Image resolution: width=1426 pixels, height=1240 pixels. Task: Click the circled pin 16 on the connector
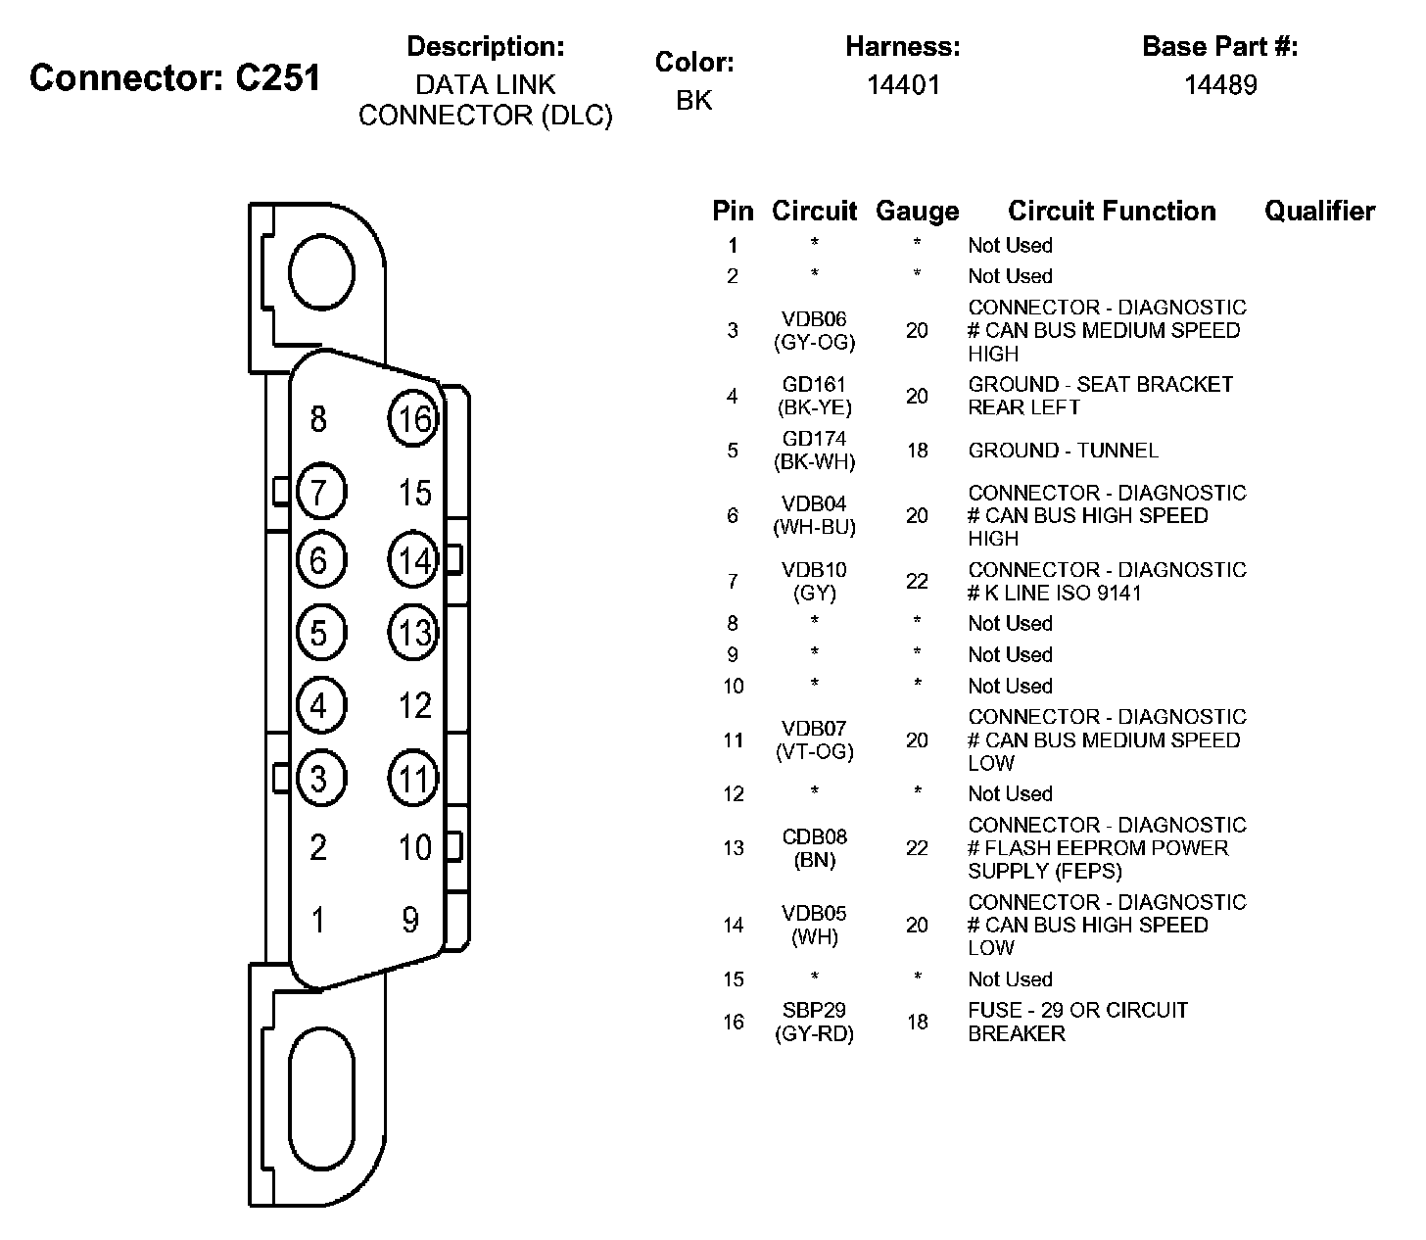(413, 419)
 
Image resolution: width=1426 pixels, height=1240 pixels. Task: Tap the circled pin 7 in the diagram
(320, 491)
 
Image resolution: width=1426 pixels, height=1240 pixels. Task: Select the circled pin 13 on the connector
(413, 632)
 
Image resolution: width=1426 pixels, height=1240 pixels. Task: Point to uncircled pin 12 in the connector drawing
(415, 705)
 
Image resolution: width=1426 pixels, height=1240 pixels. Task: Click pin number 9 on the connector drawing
(410, 920)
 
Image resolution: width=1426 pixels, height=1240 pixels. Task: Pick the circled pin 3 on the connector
(320, 779)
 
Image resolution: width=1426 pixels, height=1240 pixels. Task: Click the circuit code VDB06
(814, 319)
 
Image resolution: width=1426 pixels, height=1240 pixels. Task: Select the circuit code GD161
(814, 385)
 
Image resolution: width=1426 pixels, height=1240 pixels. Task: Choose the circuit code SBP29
(814, 1010)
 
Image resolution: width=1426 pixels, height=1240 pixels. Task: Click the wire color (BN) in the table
(814, 861)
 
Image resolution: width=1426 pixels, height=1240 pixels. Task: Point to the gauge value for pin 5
(917, 451)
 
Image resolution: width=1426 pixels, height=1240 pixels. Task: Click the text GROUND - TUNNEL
(1063, 451)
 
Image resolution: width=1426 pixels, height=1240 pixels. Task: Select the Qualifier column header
(1319, 211)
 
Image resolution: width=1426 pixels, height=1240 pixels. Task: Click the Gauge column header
(917, 211)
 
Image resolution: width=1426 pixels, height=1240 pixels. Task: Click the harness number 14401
(902, 85)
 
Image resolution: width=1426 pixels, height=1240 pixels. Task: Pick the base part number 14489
(1220, 85)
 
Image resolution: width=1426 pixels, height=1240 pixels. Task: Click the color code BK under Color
(693, 100)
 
